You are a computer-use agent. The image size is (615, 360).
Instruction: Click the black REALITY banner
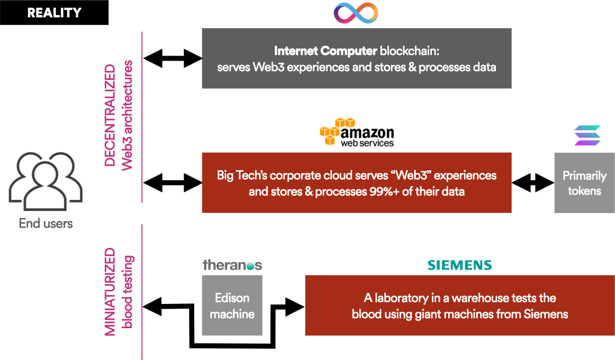(x=54, y=13)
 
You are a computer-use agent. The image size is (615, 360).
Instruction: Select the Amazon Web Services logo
(x=357, y=132)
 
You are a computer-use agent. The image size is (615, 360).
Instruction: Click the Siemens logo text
(x=459, y=265)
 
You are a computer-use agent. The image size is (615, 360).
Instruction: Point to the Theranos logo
(x=232, y=265)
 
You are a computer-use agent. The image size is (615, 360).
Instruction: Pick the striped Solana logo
(x=587, y=135)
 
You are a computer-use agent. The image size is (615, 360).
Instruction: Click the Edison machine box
(x=232, y=305)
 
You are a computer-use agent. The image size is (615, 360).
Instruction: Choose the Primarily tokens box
(x=584, y=183)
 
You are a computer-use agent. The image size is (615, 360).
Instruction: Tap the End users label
(x=46, y=223)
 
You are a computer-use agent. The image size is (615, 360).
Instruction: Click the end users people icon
(x=45, y=179)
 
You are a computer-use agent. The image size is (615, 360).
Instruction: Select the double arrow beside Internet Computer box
(x=173, y=59)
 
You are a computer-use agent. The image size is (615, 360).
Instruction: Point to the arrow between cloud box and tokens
(x=533, y=182)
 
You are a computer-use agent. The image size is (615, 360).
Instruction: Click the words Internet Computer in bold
(x=325, y=51)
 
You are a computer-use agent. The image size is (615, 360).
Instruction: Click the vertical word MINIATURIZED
(x=110, y=292)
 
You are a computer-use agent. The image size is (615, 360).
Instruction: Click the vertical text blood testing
(x=127, y=292)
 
